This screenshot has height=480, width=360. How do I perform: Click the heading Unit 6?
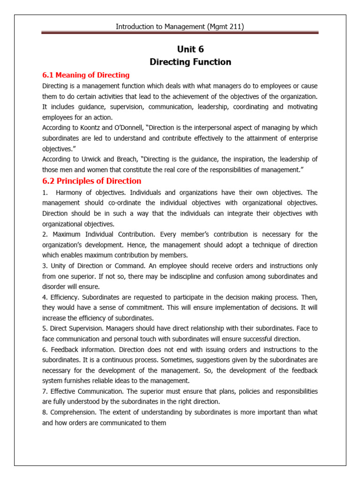[190, 49]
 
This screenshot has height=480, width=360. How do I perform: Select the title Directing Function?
[190, 62]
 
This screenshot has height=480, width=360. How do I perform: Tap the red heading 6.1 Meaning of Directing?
[86, 75]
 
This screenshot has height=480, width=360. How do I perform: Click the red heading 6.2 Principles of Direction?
[91, 181]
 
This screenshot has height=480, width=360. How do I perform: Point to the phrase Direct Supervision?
[78, 329]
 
